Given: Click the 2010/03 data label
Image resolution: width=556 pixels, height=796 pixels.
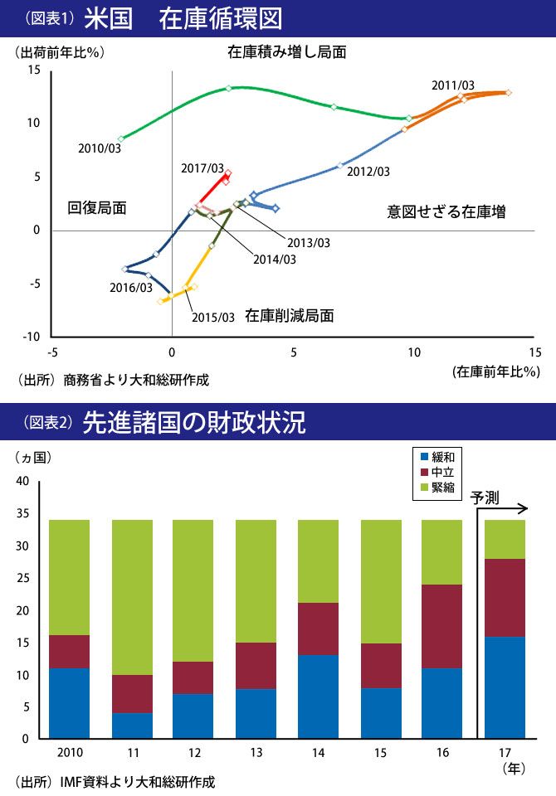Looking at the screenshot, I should click(100, 149).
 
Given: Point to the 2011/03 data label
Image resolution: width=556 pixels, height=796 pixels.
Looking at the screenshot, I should click(453, 85).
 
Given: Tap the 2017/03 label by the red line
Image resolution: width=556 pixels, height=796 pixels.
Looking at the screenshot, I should click(202, 169).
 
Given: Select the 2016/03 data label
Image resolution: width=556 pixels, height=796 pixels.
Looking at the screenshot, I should click(131, 288).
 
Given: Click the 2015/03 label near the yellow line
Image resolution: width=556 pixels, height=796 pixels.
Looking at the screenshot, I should click(213, 317).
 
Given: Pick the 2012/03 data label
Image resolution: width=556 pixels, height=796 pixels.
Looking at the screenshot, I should click(368, 172).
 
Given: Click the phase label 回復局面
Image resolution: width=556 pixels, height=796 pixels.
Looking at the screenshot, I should click(97, 208).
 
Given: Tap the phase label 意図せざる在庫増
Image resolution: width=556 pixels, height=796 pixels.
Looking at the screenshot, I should click(446, 211).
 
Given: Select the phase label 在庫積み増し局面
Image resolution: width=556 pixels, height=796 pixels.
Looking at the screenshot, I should click(287, 52).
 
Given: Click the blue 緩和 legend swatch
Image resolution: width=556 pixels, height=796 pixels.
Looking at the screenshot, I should click(425, 457).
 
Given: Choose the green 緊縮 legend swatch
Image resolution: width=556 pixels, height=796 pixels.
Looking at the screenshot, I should click(425, 488).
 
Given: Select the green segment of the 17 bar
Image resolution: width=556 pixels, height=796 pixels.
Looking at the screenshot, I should click(505, 539).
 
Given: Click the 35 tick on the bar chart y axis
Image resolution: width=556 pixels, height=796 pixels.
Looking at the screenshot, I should click(22, 513).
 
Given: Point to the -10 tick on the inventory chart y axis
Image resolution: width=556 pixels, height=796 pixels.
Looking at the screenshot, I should click(31, 337).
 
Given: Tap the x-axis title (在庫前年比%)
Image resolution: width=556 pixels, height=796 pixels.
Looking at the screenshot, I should click(495, 371).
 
